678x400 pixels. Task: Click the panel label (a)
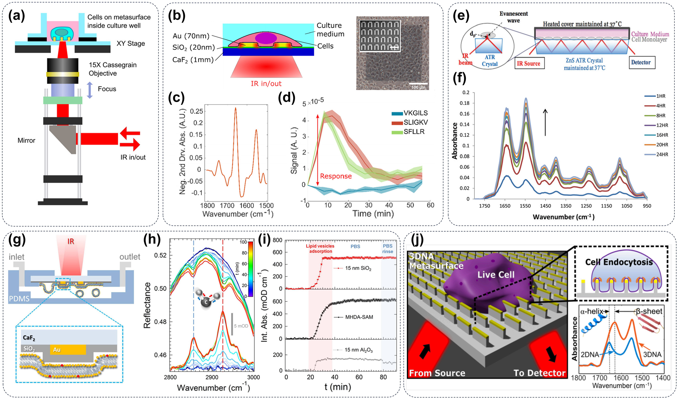coord(17,16)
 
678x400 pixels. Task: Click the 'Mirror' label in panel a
coord(26,140)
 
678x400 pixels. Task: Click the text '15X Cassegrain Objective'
coord(112,69)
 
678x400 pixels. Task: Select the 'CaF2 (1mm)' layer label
coord(193,60)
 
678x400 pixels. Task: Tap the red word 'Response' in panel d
coord(335,176)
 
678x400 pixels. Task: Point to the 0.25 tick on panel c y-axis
coord(196,111)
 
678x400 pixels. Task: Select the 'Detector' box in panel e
coord(640,62)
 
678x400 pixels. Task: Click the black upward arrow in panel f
coord(545,122)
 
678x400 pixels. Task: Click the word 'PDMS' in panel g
coord(19,299)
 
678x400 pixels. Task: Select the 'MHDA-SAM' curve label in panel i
coord(358,317)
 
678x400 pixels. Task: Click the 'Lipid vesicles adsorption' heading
coord(320,249)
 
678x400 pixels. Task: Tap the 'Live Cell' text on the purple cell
coord(496,275)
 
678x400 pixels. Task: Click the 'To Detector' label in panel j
coord(539,373)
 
